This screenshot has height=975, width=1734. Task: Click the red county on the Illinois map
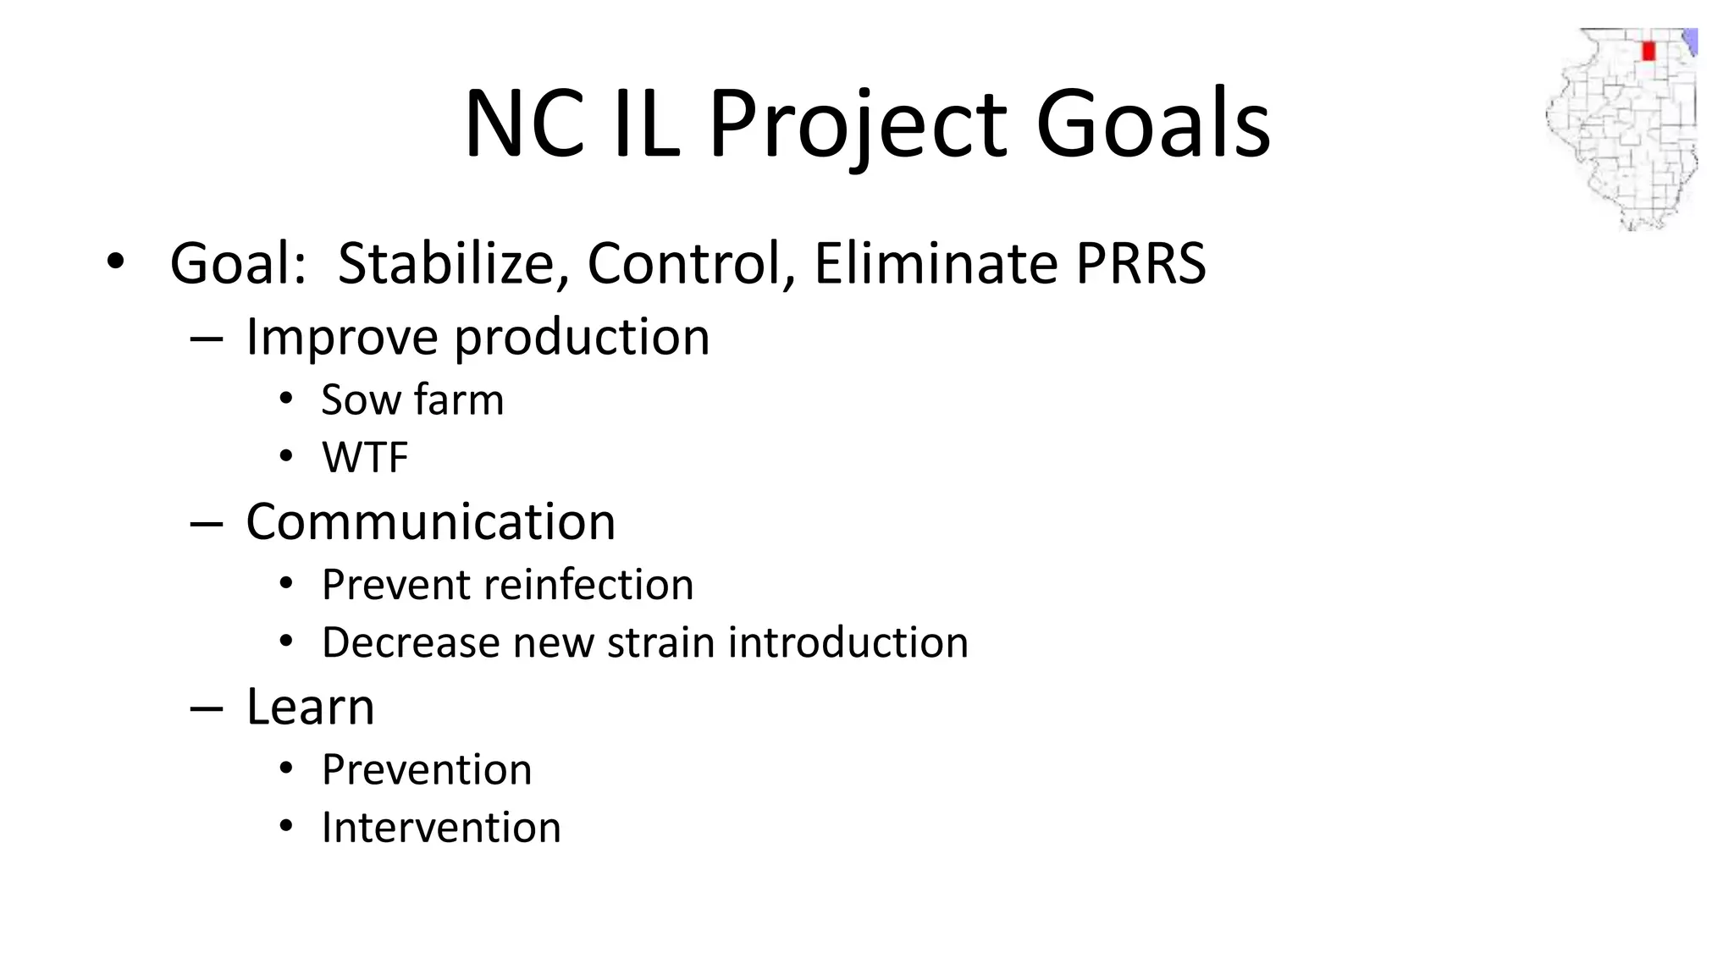pos(1648,51)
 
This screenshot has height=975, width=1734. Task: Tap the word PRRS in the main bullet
pos(1140,263)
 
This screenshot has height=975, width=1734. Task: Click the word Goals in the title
pos(1152,124)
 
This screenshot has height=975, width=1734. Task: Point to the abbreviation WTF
pos(365,458)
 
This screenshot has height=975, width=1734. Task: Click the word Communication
pos(430,521)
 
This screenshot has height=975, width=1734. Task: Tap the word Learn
pos(310,707)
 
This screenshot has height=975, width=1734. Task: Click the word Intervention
pos(441,828)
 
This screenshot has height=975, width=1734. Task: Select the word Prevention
pos(427,770)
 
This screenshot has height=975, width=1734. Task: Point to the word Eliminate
pos(936,263)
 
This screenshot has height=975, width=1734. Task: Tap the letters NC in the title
pos(524,124)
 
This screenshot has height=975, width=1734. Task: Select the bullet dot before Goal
pos(115,261)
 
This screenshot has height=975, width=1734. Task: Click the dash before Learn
pos(206,708)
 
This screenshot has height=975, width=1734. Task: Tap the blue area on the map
pos(1690,41)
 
